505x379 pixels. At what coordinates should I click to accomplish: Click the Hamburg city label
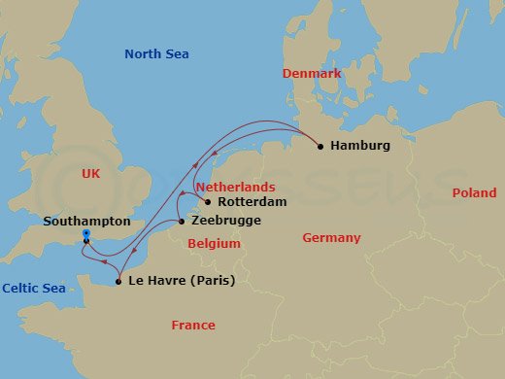[x=360, y=146]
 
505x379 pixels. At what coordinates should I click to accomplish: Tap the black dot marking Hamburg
[x=321, y=147]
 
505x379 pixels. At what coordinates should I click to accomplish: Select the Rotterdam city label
[x=252, y=202]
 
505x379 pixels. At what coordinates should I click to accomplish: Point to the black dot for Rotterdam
[x=208, y=202]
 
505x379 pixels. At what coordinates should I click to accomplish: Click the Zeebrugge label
[x=226, y=223]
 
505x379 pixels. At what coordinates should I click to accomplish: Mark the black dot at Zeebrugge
[x=182, y=223]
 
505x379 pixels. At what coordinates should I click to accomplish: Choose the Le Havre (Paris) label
[x=182, y=282]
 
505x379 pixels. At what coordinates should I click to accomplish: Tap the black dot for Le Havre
[x=118, y=282]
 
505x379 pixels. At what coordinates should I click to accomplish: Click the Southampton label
[x=85, y=221]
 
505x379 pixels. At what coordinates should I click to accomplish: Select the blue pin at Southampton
[x=86, y=236]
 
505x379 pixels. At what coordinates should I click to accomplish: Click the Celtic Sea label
[x=33, y=288]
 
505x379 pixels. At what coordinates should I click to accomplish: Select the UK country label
[x=91, y=173]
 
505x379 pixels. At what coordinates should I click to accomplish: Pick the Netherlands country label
[x=234, y=186]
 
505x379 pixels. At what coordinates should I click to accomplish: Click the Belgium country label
[x=214, y=244]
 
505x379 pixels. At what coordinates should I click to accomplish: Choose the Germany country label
[x=331, y=238]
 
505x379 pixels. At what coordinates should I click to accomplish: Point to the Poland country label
[x=474, y=193]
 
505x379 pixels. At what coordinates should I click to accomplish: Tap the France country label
[x=193, y=326]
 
